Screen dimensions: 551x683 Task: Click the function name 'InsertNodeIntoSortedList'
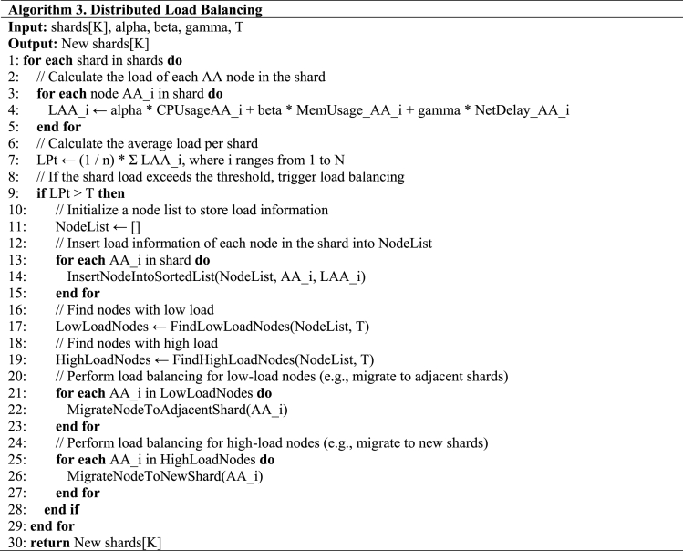(x=141, y=275)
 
